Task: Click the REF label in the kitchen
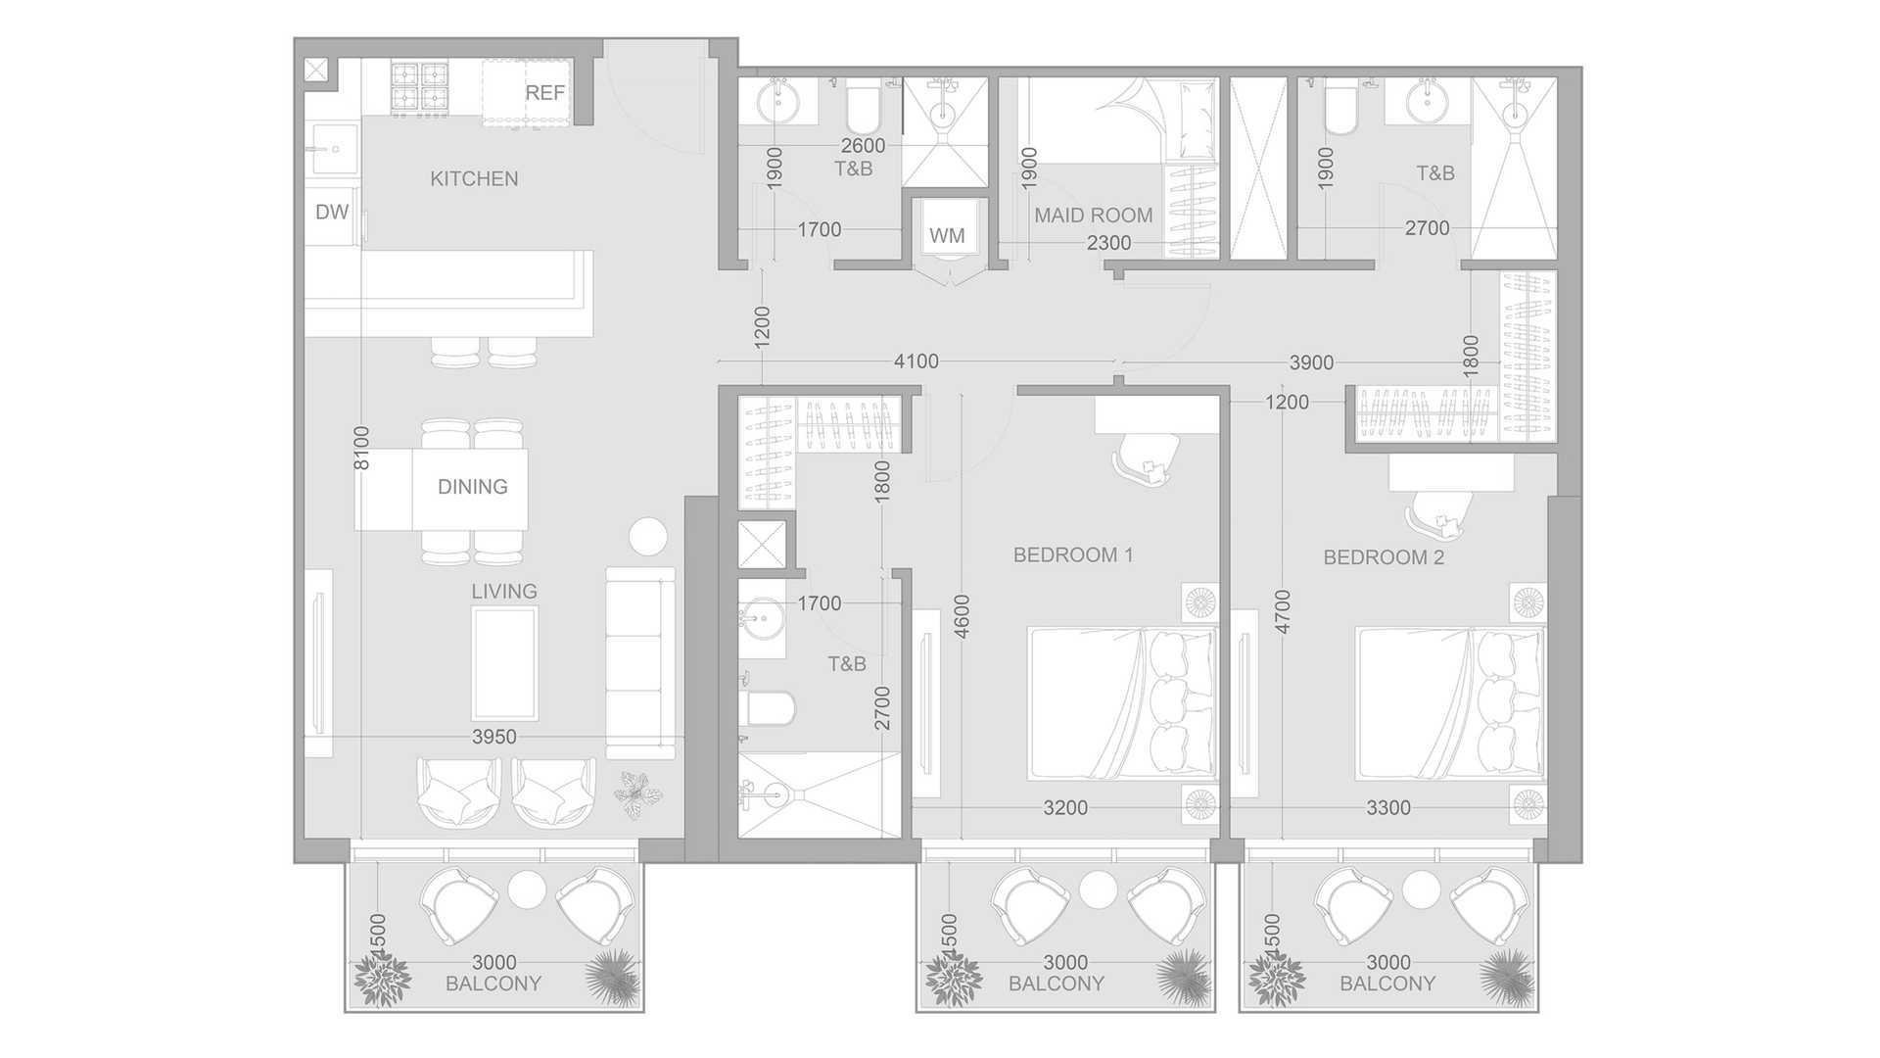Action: click(x=545, y=93)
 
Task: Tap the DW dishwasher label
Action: click(x=332, y=212)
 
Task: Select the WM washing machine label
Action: click(x=947, y=235)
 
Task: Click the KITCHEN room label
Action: click(x=474, y=178)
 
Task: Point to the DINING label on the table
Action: click(x=473, y=487)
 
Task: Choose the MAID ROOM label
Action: click(x=1094, y=216)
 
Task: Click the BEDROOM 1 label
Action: click(x=1073, y=555)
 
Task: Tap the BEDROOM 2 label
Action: click(x=1384, y=557)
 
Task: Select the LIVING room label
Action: click(x=504, y=592)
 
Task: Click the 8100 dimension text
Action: click(x=362, y=448)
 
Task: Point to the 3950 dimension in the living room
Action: click(x=493, y=737)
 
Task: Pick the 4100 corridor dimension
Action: click(x=916, y=361)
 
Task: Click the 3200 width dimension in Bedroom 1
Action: click(x=1065, y=808)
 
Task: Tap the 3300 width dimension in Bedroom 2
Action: click(x=1388, y=808)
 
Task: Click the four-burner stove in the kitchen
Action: click(x=421, y=86)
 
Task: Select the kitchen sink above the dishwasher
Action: click(x=333, y=151)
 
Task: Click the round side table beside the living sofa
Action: click(x=647, y=537)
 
